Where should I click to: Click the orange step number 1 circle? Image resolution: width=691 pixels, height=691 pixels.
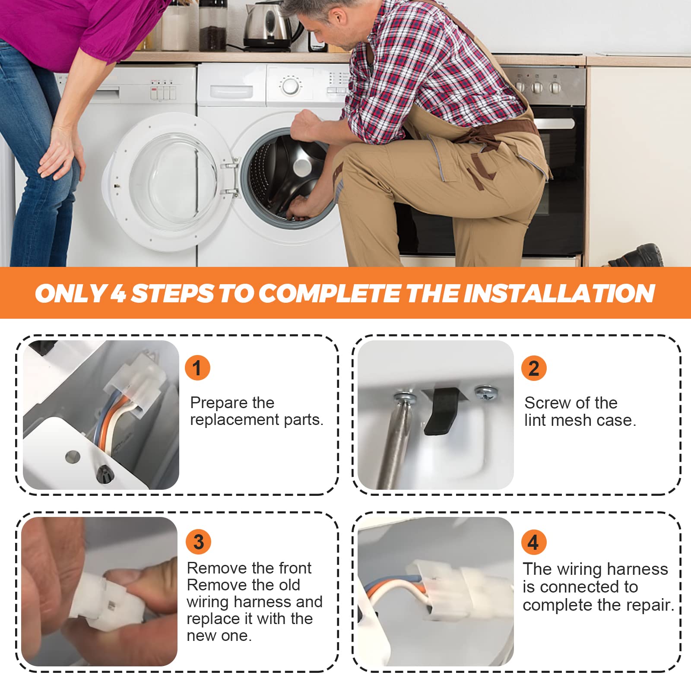197,368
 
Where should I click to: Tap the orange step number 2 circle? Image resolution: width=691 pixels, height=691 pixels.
534,368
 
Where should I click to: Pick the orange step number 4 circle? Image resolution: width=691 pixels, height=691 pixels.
533,542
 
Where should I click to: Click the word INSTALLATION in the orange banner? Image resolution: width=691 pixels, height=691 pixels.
559,294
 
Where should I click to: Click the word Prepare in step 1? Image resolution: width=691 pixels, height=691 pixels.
219,403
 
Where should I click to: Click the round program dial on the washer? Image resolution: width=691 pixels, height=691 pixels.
290,85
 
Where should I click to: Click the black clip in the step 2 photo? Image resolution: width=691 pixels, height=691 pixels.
442,410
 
